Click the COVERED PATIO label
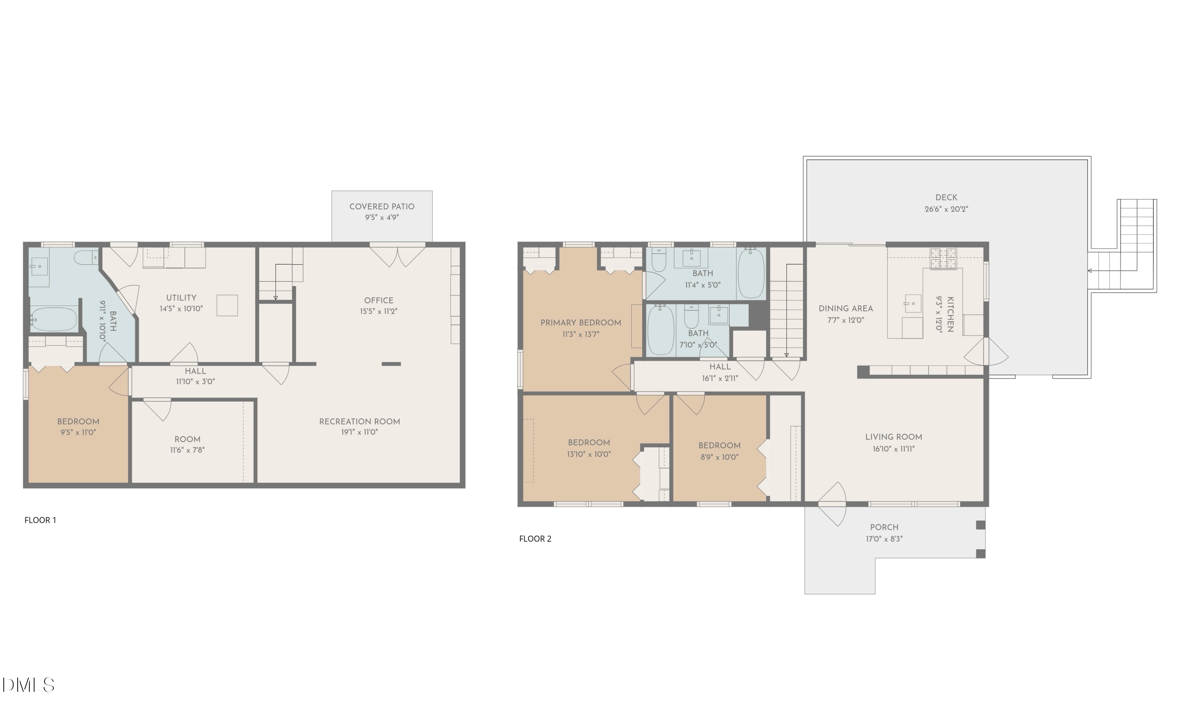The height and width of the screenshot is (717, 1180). [382, 207]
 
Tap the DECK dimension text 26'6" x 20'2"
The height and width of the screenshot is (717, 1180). [946, 209]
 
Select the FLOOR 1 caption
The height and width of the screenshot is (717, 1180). [40, 520]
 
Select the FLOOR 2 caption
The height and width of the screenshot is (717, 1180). [535, 539]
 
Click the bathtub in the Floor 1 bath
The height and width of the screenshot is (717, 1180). [53, 319]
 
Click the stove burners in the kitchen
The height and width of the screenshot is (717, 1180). [943, 259]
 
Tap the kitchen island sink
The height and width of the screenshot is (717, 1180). [913, 304]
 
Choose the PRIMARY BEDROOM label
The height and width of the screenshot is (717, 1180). [581, 322]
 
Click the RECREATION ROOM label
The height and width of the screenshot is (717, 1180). [359, 421]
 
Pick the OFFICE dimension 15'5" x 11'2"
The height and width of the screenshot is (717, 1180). [378, 311]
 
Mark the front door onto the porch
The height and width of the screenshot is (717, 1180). [832, 504]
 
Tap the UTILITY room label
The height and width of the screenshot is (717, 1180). [181, 298]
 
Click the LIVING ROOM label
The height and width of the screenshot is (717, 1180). [893, 437]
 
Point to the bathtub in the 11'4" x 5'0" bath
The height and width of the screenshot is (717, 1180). [750, 274]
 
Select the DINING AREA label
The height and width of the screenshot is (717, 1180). [845, 309]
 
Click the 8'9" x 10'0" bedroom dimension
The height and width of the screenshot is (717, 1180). [719, 457]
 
